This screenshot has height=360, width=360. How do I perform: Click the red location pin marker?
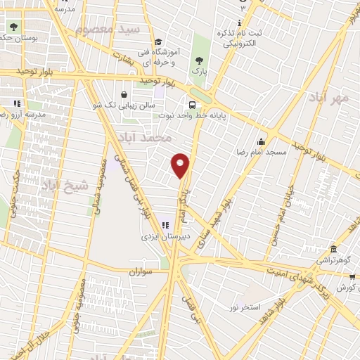coord(181,164)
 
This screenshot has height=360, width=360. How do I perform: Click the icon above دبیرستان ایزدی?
coord(165,225)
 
